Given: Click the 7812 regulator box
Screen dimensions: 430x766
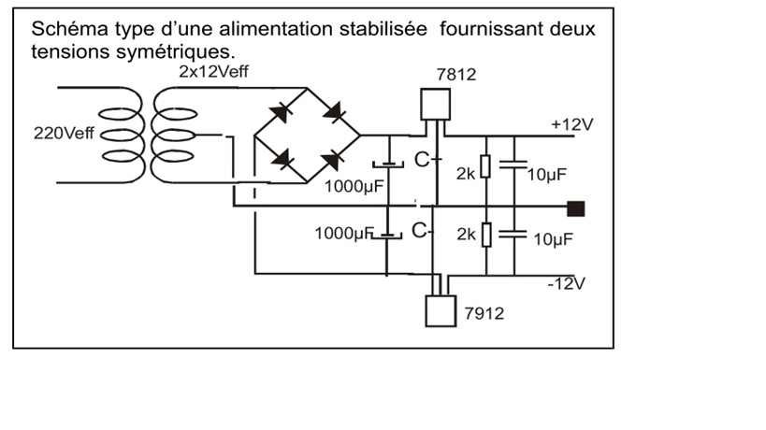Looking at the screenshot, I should [433, 103].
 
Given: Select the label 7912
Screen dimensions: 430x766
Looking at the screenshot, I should [484, 313].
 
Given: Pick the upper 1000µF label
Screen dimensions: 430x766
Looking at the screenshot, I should [354, 185].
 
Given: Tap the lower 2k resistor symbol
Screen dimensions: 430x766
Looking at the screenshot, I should [485, 235].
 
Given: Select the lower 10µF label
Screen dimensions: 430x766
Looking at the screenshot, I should [552, 239].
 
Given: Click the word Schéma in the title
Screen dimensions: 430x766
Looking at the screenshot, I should [65, 29].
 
